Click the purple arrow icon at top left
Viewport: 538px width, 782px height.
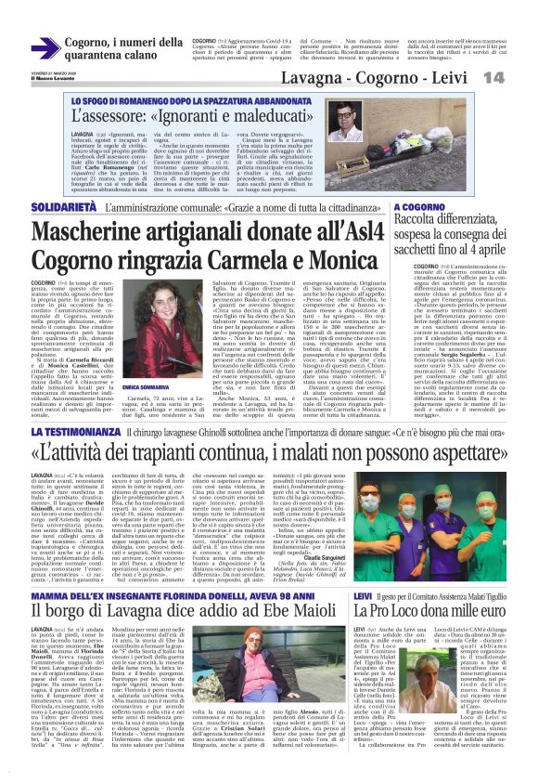pyautogui.click(x=45, y=47)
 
